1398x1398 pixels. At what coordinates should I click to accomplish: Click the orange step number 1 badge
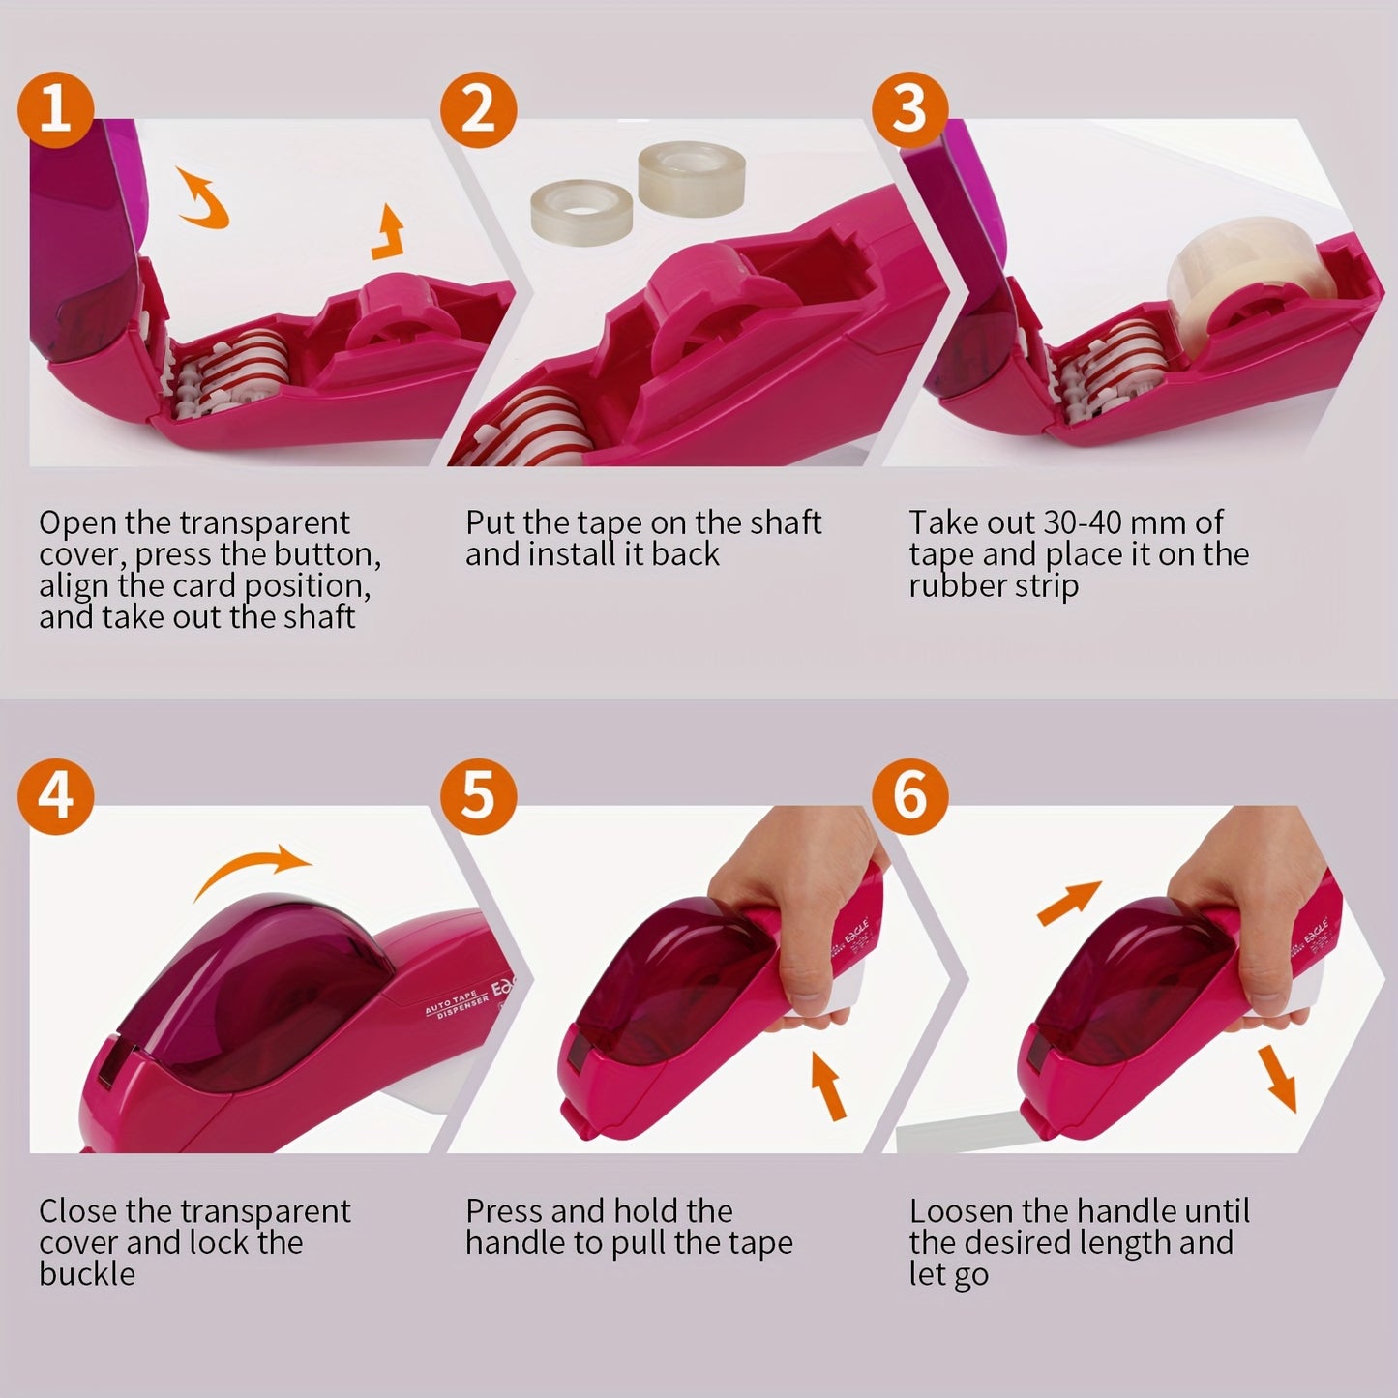coord(55,109)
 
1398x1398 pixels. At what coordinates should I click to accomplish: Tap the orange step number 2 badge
coord(478,109)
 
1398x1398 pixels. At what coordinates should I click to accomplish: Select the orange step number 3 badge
coord(908,109)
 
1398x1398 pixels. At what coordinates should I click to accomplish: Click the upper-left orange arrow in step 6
coord(1069,902)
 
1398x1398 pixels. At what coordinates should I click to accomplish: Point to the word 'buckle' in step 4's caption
coord(87,1274)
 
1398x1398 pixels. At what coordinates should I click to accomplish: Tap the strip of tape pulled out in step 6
coord(958,1138)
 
